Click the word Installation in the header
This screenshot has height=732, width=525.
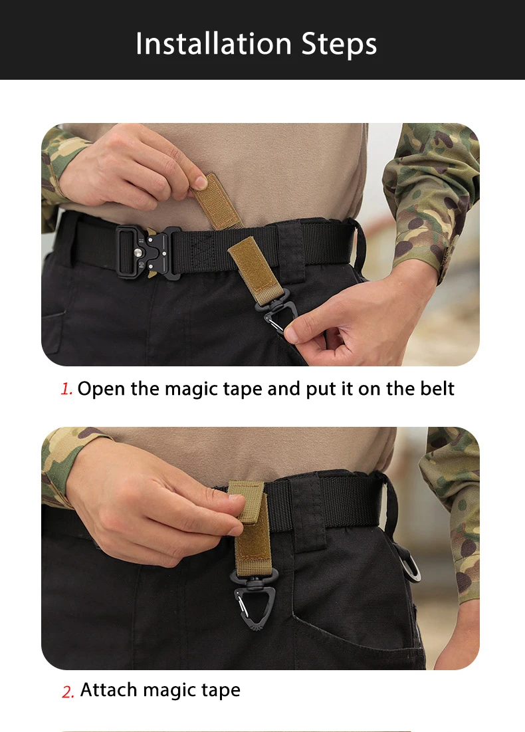(213, 44)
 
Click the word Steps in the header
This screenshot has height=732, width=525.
(340, 45)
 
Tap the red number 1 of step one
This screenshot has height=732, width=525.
(66, 388)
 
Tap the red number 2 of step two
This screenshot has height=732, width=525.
(68, 691)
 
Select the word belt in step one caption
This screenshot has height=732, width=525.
(437, 388)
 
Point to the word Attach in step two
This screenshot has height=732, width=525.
(109, 689)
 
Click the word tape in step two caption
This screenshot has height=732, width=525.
(221, 691)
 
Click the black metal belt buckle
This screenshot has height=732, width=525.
(148, 252)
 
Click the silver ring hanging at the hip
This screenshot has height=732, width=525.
(410, 565)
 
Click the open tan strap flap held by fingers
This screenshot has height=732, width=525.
(217, 201)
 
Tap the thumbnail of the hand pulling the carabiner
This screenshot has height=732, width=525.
(291, 334)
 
